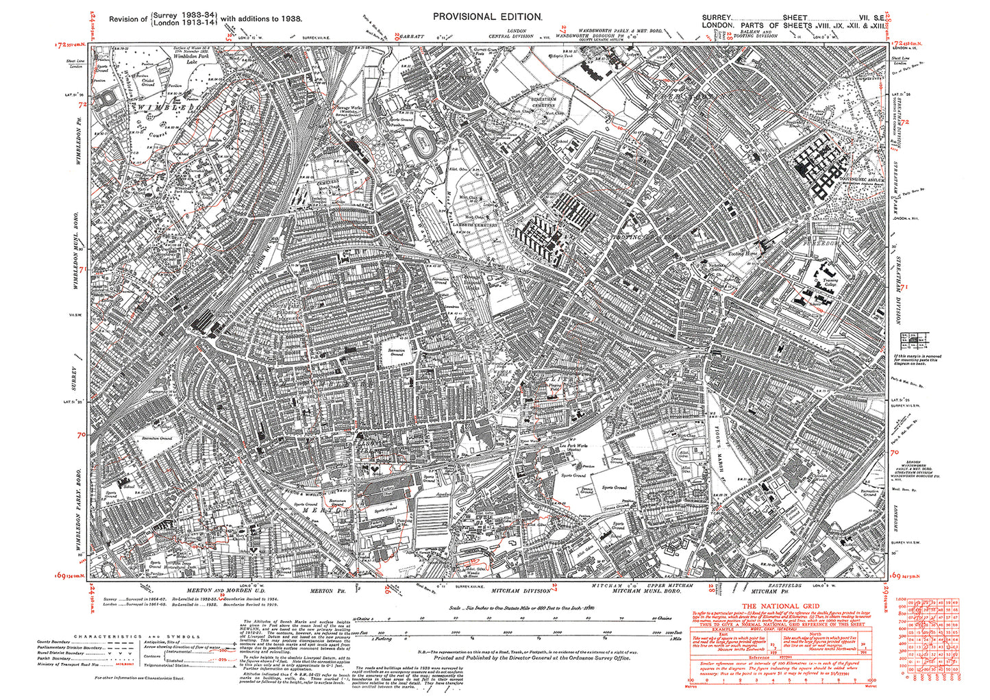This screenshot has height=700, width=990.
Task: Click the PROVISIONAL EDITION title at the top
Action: coord(488,16)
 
